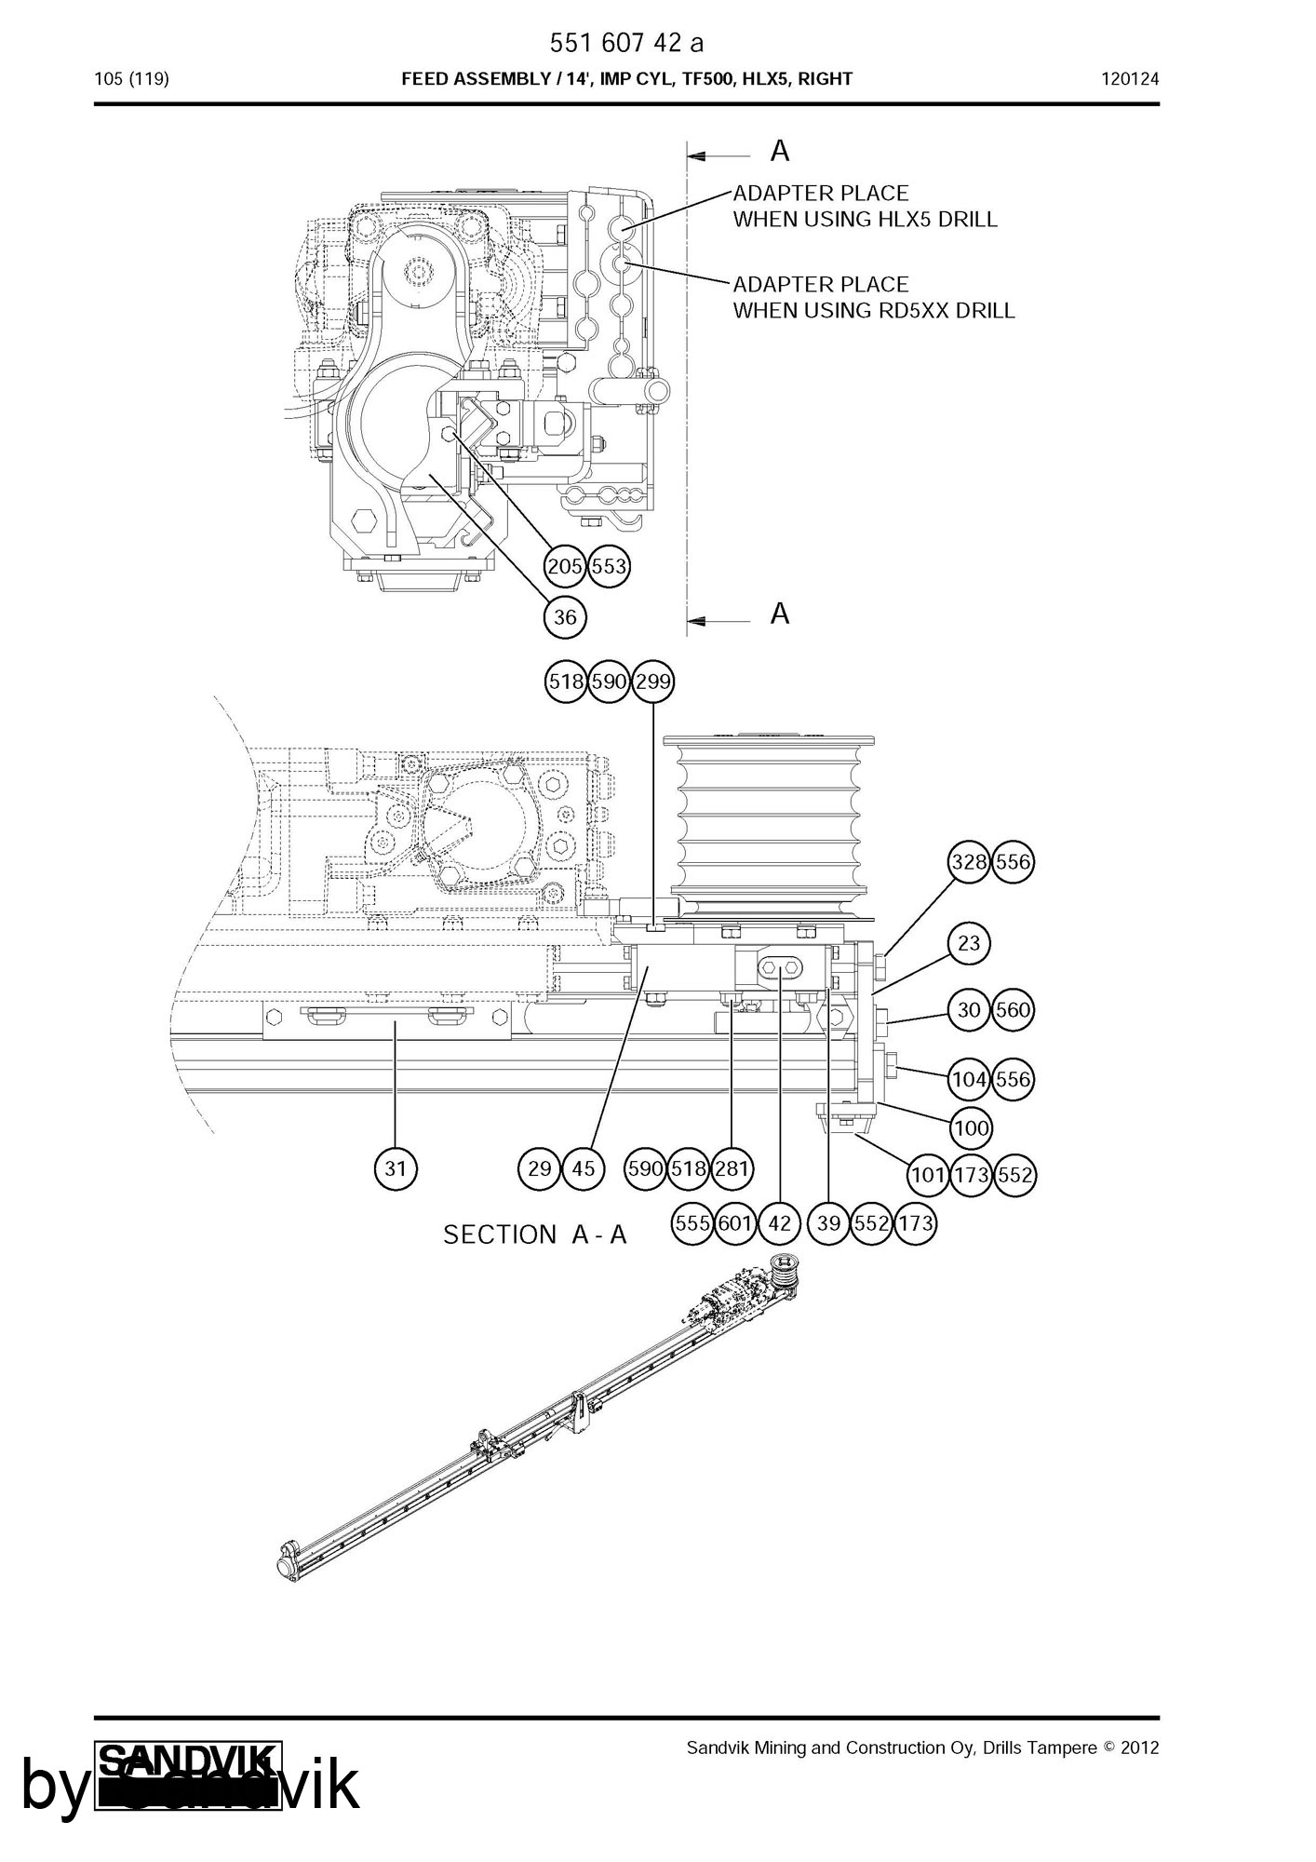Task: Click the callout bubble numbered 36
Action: coord(565,616)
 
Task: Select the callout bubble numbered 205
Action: coord(565,566)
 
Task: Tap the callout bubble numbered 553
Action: coord(609,566)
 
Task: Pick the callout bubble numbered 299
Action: coord(652,681)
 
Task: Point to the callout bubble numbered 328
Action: coord(969,862)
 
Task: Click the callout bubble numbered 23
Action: coord(969,943)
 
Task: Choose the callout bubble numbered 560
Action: coord(1013,1010)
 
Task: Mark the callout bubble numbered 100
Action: coord(971,1128)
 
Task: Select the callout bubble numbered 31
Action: coord(396,1168)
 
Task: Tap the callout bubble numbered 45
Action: coord(584,1168)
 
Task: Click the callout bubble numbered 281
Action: coord(732,1168)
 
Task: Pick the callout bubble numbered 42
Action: coord(779,1223)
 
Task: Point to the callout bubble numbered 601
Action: coord(735,1223)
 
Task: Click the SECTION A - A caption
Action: coord(535,1235)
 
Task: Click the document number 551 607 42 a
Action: coord(625,43)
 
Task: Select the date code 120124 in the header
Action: coord(1130,79)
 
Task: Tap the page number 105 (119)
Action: coord(131,79)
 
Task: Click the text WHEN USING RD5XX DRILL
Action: coord(873,310)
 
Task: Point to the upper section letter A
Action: coord(780,151)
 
